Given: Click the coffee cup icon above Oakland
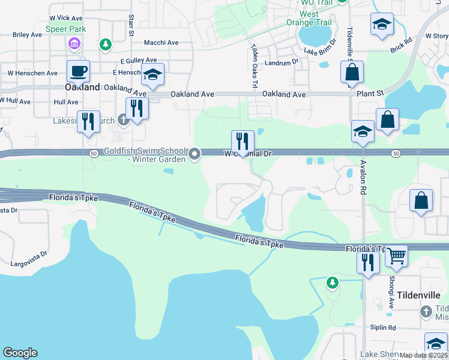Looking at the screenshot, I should (79, 71).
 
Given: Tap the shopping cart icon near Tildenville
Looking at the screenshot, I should (396, 257).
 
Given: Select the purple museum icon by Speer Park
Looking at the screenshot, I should (74, 43).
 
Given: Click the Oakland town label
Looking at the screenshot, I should (82, 87).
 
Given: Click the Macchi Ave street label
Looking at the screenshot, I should (161, 43).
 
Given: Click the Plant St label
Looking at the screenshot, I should (370, 94).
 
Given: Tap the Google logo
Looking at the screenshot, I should (20, 353).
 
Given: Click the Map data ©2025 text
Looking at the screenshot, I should (424, 355).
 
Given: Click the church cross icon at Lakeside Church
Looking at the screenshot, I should (123, 120).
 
